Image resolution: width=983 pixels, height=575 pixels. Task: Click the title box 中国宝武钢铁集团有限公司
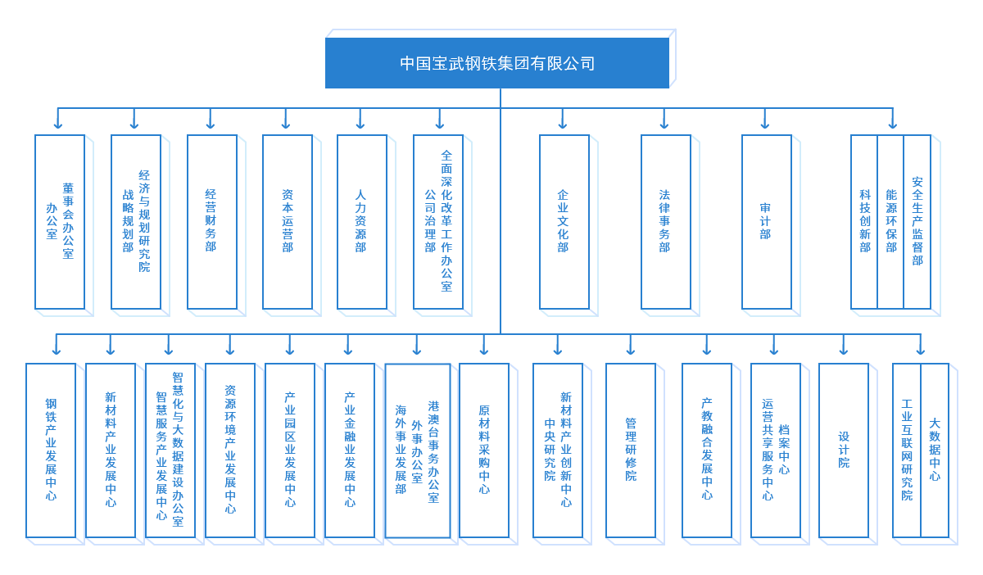point(496,63)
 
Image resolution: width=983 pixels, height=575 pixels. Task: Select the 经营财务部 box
point(211,221)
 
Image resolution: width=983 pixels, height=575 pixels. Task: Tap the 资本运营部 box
point(287,221)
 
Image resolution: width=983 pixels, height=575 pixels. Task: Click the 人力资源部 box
point(361,221)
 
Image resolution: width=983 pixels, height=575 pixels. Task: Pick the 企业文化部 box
point(564,221)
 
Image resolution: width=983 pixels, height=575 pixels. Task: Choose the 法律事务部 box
point(665,221)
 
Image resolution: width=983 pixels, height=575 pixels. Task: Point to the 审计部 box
point(766,221)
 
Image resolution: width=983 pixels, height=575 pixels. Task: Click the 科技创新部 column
point(864,221)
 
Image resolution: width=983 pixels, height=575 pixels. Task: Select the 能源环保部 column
point(890,221)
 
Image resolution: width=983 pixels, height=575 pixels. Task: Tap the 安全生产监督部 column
point(917,221)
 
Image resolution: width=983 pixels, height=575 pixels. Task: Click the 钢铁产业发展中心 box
point(51,450)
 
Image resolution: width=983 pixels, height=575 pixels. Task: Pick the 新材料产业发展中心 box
point(111,450)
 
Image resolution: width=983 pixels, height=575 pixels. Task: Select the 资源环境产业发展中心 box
point(230,450)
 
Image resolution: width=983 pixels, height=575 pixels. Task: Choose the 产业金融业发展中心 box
point(350,450)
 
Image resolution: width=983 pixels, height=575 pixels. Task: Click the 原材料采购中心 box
point(484,450)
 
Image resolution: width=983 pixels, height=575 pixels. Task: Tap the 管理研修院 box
point(631,450)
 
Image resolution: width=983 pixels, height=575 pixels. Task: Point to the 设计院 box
point(844,450)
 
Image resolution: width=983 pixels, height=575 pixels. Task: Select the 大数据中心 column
point(935,450)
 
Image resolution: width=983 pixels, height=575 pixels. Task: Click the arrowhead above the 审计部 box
point(765,125)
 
